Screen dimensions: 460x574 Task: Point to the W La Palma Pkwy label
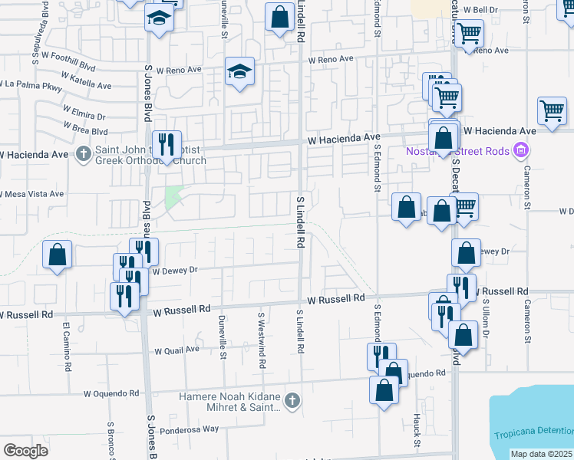(x=31, y=83)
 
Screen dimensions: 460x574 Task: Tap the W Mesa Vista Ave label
(x=32, y=194)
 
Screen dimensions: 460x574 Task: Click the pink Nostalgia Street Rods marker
(x=523, y=150)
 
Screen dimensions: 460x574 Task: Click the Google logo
(x=25, y=451)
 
